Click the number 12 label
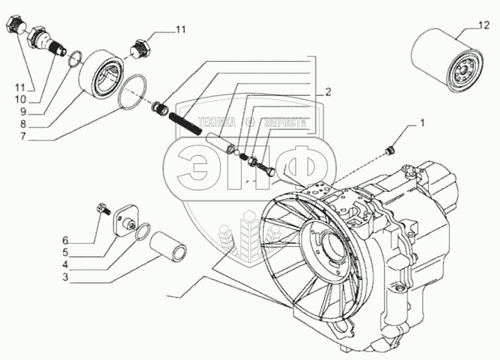click(482, 27)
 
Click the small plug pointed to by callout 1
click(390, 150)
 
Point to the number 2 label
click(328, 92)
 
